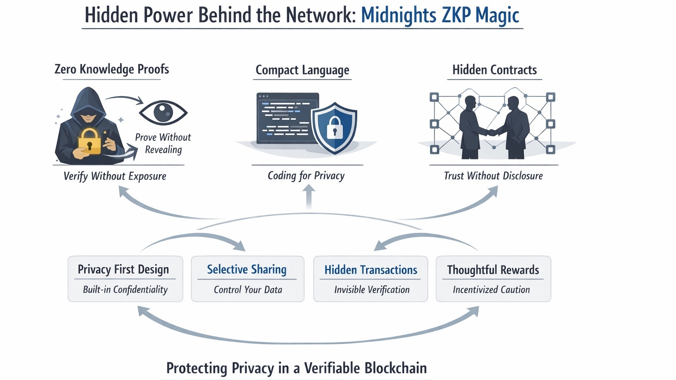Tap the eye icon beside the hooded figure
163,112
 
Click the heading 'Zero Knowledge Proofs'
112,69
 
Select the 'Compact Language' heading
302,70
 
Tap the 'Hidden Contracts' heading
494,70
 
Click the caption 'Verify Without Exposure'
115,176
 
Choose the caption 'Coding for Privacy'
306,176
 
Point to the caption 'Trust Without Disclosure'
493,176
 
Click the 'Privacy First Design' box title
123,269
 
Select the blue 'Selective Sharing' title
246,269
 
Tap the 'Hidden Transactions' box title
371,270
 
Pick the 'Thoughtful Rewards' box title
493,270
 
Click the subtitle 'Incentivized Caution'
491,290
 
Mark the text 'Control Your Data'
248,290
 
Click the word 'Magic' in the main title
497,15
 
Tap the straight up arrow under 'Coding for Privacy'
309,196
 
